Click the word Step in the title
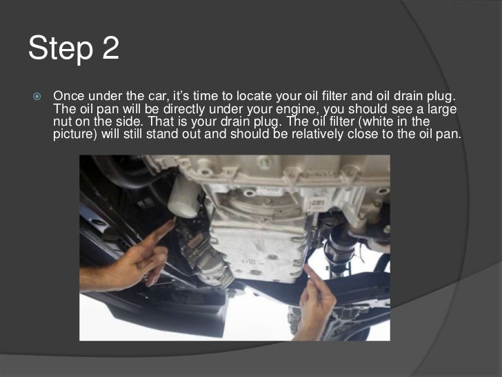click(61, 49)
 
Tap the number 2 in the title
click(111, 48)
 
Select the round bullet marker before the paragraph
click(37, 96)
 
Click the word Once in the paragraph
click(69, 96)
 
